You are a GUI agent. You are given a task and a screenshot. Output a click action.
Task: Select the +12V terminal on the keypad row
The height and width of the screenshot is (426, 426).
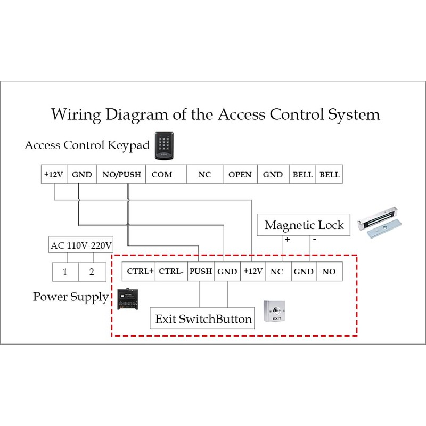click(53, 175)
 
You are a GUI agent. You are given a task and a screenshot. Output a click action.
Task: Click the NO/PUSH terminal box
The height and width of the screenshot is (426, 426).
click(122, 175)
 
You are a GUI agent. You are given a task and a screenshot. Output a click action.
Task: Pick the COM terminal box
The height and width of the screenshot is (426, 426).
click(162, 175)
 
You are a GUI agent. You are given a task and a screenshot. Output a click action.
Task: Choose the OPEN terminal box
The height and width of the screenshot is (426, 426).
click(240, 175)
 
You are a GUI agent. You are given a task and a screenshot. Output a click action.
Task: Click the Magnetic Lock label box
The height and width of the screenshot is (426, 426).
click(304, 225)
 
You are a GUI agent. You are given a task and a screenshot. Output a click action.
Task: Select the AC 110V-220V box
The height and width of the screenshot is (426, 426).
click(81, 246)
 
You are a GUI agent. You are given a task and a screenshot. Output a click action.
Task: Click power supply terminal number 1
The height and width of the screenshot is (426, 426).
click(65, 272)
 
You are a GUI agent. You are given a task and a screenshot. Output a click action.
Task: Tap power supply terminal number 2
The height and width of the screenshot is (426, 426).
click(92, 272)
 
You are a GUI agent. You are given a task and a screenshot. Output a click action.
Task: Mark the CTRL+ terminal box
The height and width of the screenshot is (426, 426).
click(140, 272)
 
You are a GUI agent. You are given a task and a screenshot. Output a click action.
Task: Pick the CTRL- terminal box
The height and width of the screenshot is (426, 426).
click(171, 272)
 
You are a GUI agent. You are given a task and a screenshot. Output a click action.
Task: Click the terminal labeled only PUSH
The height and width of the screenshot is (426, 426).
click(201, 272)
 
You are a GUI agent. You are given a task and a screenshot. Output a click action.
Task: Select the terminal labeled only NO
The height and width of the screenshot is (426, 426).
click(329, 272)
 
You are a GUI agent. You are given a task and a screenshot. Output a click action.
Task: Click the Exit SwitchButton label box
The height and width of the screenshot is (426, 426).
click(203, 319)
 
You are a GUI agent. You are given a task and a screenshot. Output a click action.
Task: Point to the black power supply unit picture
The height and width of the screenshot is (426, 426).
click(129, 300)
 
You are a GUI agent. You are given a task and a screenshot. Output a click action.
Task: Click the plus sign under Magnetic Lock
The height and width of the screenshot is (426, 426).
click(288, 240)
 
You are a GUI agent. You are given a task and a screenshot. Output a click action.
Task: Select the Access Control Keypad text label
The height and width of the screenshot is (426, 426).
click(87, 145)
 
